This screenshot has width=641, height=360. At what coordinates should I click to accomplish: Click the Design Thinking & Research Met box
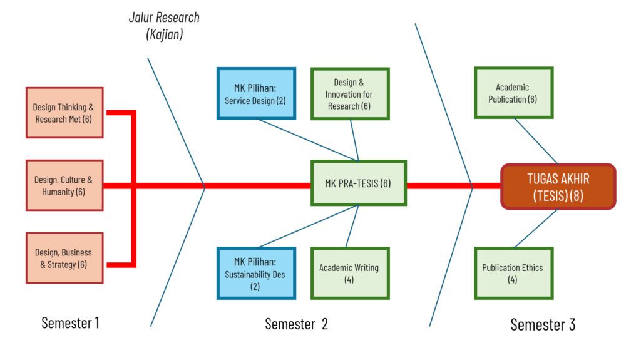click(64, 113)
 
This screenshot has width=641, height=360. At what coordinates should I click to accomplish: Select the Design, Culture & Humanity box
click(64, 185)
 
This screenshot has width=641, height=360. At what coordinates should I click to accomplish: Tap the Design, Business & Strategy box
click(64, 258)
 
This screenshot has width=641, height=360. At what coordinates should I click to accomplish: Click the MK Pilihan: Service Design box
click(255, 93)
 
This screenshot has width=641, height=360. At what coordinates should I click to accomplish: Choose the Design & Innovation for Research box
click(350, 94)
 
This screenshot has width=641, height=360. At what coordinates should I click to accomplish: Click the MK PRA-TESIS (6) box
click(359, 183)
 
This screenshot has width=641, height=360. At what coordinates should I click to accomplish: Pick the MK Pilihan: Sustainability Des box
click(255, 274)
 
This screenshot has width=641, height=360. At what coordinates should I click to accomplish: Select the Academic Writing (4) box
click(349, 274)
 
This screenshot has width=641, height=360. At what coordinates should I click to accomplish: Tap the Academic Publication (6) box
click(513, 93)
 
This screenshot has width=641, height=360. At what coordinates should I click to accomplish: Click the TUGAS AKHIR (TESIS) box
click(558, 187)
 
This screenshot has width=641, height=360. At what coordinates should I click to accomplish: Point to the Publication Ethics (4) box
click(513, 274)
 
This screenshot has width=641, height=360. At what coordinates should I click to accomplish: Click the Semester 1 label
click(70, 323)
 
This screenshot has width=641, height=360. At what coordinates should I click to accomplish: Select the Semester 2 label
click(296, 324)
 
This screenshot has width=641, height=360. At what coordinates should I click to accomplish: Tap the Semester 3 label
click(543, 324)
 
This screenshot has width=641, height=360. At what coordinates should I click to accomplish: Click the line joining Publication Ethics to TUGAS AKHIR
click(535, 228)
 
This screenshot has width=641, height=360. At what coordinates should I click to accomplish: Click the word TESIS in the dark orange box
click(550, 195)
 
